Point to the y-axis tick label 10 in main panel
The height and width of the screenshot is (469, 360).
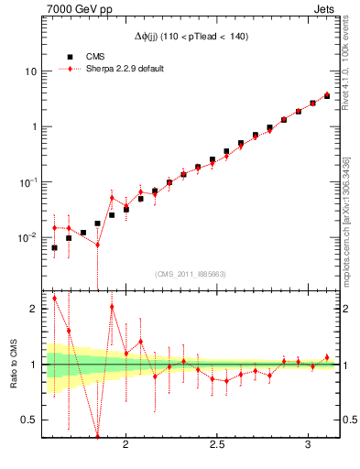pos(31,71)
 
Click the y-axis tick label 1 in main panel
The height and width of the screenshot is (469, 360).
pos(34,126)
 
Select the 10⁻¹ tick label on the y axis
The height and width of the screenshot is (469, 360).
pos(28,181)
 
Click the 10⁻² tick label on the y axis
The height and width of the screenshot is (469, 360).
pos(28,237)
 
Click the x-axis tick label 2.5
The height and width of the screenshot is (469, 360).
pos(217,444)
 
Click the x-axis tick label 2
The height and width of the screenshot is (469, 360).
pos(126,444)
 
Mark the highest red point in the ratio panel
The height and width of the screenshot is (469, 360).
pos(54,298)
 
